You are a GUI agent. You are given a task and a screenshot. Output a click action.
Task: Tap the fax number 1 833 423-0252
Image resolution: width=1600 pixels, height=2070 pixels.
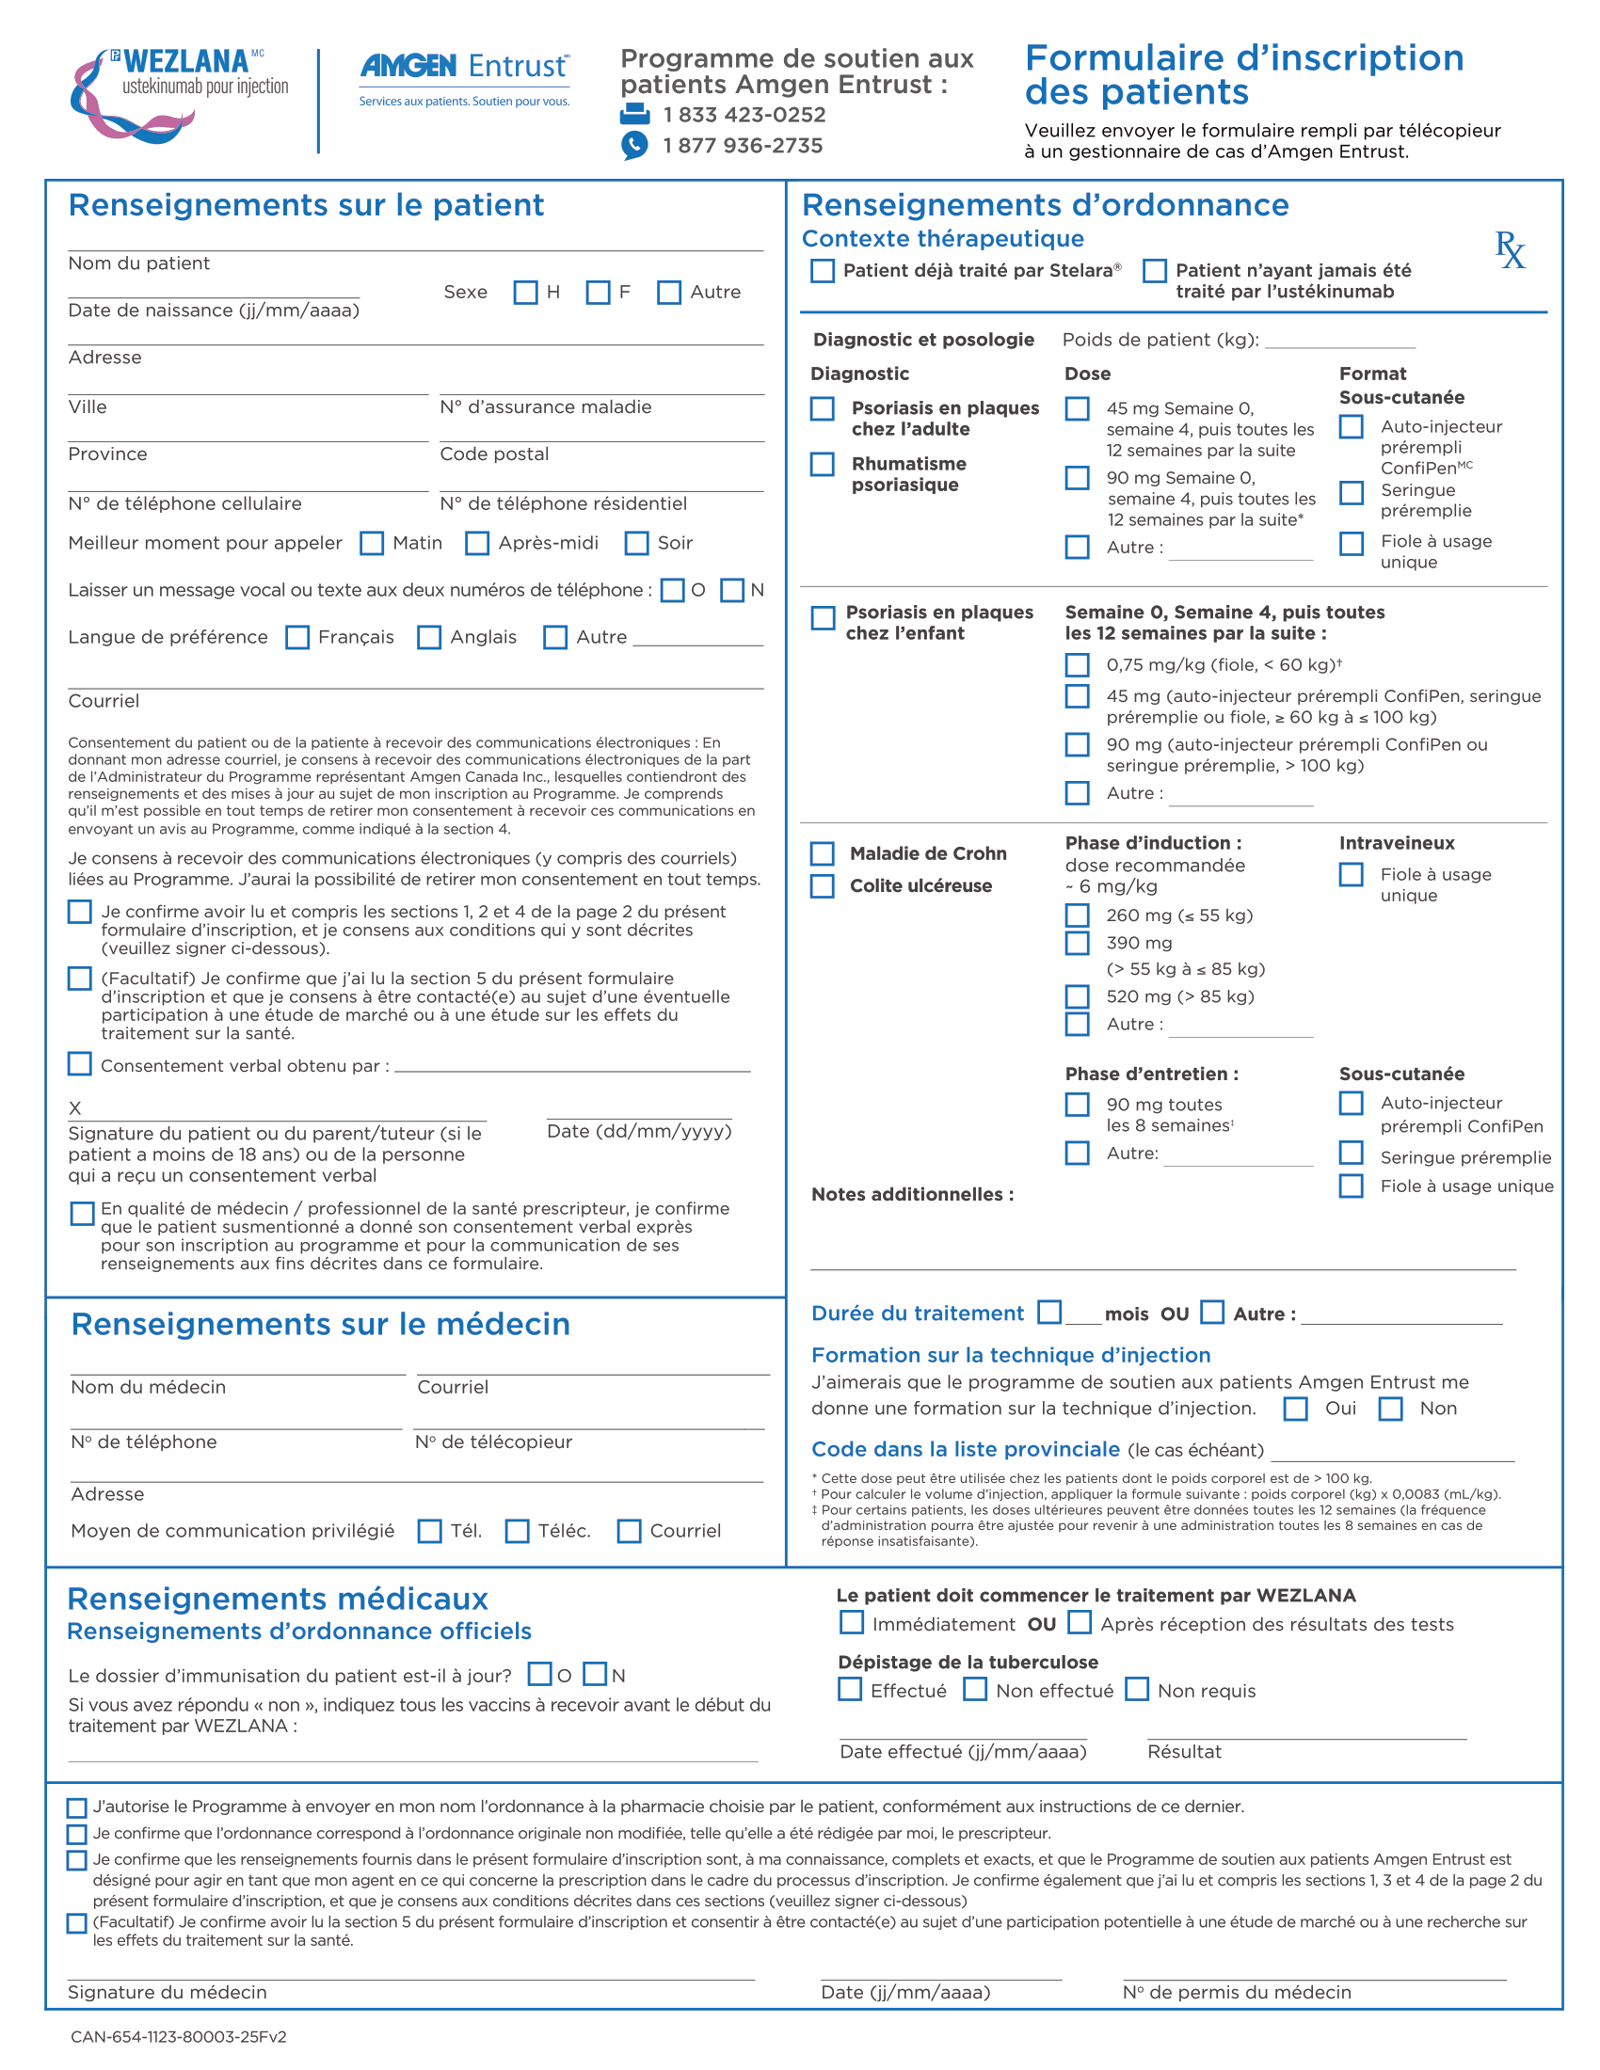point(744,115)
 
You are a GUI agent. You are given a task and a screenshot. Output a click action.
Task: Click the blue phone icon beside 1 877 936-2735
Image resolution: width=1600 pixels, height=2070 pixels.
point(634,145)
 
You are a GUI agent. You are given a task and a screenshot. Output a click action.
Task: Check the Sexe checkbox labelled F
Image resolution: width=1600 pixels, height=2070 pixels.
point(597,292)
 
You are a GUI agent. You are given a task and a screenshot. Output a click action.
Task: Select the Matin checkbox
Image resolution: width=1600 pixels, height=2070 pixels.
point(372,543)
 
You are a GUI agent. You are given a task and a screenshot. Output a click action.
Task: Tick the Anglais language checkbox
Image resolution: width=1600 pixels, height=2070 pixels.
point(429,637)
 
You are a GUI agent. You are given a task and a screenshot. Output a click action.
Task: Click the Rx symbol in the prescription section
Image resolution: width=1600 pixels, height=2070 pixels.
point(1510,250)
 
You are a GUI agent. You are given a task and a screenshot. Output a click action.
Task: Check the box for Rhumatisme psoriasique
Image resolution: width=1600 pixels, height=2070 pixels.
point(822,465)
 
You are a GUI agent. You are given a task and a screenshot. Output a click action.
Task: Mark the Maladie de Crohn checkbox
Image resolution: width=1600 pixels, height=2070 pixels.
point(822,853)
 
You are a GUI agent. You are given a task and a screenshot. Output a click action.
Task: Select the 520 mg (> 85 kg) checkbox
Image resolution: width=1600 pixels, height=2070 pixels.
point(1077,996)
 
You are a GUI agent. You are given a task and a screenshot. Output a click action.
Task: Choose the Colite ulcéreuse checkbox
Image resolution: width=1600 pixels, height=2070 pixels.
point(822,885)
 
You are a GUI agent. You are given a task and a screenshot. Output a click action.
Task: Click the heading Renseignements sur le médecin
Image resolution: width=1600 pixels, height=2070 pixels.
point(320,1324)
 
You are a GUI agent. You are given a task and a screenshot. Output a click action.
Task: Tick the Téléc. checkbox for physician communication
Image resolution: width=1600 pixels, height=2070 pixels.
point(517,1531)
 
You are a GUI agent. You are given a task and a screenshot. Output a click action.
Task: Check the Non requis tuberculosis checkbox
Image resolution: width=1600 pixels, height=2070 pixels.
point(1137,1690)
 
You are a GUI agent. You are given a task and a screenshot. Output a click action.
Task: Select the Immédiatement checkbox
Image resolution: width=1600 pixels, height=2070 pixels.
point(851,1624)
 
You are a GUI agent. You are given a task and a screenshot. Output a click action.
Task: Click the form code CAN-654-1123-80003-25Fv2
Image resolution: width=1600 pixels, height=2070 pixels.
point(178,2036)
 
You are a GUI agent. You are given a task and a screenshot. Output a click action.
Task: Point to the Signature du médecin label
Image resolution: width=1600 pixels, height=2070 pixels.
point(167,1992)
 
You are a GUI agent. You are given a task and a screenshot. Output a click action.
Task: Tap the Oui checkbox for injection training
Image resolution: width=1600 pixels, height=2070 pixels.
point(1295,1409)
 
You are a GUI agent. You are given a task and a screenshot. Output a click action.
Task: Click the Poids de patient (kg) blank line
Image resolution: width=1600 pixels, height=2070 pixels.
point(1339,342)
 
